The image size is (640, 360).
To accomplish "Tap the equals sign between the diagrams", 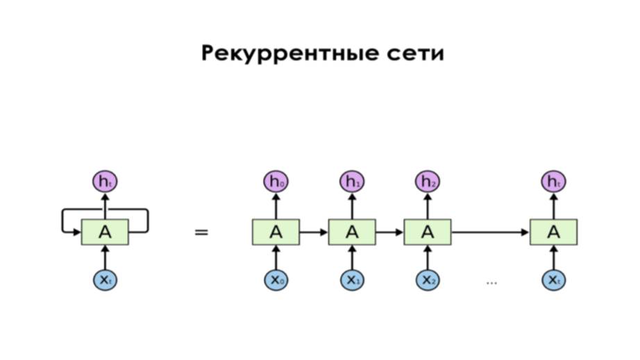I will (x=201, y=232).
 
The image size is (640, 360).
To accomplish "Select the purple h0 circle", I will (x=276, y=182).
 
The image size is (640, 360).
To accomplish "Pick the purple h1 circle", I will (x=352, y=182).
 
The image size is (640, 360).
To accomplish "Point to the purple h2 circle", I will (x=428, y=182).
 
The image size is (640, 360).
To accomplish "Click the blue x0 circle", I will (x=276, y=280).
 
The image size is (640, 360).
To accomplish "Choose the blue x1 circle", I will (x=352, y=280).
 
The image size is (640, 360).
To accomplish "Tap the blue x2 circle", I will (x=428, y=280).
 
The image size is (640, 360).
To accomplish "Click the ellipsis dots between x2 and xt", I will (x=491, y=282).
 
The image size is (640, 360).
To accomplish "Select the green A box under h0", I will (x=276, y=232).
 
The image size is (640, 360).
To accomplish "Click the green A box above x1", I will (x=352, y=232).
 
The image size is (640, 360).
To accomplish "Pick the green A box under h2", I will (x=428, y=232).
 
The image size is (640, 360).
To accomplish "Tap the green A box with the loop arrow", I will (x=105, y=232).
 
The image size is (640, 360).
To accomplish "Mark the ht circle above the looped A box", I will (x=105, y=182).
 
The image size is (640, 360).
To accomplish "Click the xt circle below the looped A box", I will (x=105, y=280).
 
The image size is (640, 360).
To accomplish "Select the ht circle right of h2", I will (x=553, y=182).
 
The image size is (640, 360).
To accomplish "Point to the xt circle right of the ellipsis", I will (x=553, y=280).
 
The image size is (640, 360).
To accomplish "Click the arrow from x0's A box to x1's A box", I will (x=314, y=232).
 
